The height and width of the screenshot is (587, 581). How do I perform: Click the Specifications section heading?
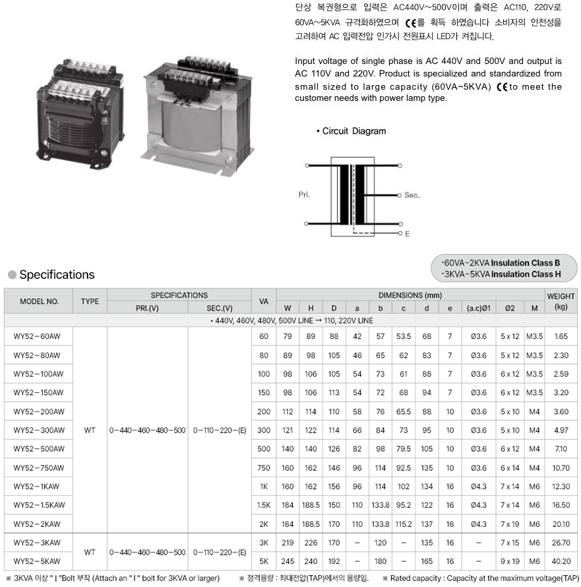(57, 274)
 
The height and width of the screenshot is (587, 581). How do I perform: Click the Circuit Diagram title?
(353, 131)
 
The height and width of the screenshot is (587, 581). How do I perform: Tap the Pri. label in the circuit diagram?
(304, 195)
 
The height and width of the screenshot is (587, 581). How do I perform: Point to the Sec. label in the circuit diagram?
(412, 195)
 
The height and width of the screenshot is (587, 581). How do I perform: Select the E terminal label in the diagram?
(407, 234)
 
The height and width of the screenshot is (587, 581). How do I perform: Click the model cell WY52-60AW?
(38, 336)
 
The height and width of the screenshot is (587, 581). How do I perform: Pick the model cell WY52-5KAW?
(38, 561)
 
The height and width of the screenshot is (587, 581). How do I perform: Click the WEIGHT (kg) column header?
(561, 301)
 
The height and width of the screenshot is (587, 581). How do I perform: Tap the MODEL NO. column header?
(39, 301)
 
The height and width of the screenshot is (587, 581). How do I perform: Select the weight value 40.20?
(561, 561)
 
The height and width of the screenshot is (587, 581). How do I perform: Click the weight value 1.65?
(561, 336)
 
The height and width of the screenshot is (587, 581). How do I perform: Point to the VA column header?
(264, 301)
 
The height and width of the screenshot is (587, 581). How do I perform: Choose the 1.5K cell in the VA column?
(264, 505)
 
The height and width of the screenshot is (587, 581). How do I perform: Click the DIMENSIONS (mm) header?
(410, 295)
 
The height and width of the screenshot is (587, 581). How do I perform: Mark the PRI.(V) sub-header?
(146, 308)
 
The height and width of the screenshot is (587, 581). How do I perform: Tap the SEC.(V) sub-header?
(219, 308)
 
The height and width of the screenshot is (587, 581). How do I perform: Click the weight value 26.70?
(561, 543)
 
